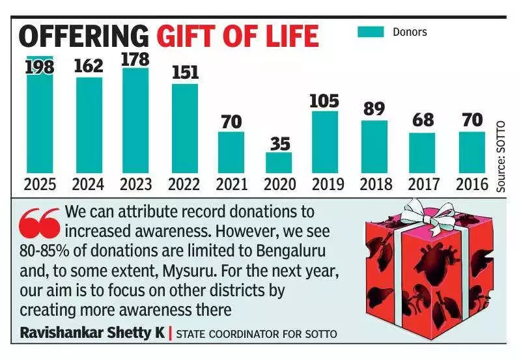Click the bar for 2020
coord(279,163)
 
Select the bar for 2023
coord(135,120)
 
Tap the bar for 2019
coord(324,142)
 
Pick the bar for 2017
coord(422,153)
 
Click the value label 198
coord(39,66)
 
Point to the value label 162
coord(89,66)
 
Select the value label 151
coord(185,72)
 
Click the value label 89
coord(374,108)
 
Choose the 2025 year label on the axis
coord(40,184)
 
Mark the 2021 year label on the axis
coord(232,184)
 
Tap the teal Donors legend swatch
coord(371,31)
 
